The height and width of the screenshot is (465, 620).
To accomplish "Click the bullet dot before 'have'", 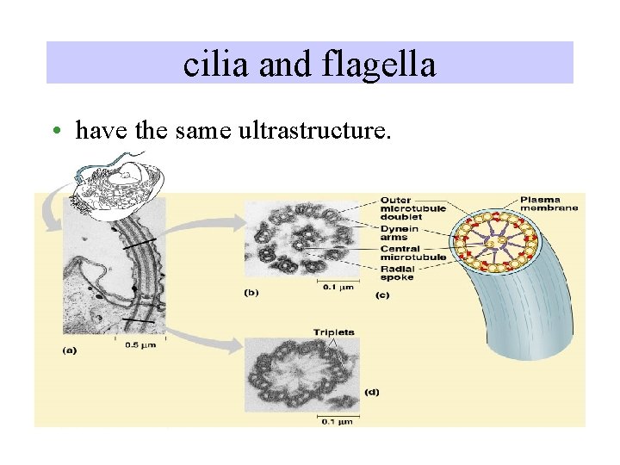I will (x=54, y=132).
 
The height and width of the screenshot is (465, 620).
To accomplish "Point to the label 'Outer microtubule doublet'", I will (x=412, y=208).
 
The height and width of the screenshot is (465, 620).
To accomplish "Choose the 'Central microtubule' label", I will (x=412, y=252).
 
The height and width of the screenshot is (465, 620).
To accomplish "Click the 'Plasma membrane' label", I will (x=549, y=203).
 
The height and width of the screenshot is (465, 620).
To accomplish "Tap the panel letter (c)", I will (x=382, y=294).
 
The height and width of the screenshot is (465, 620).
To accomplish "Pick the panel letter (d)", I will (x=371, y=392).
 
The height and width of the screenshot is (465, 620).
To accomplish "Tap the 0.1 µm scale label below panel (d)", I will (x=337, y=420).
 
